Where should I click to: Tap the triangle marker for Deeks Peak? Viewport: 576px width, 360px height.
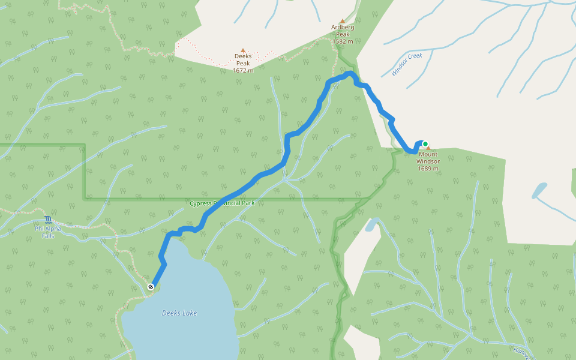243,51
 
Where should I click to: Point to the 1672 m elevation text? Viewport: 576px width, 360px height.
243,70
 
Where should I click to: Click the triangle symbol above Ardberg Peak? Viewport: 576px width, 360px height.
343,20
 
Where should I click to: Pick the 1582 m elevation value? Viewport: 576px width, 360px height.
343,41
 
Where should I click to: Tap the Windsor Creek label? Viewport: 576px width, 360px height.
407,65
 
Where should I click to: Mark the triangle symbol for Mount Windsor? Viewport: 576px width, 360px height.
428,148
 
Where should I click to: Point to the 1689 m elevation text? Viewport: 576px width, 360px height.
428,169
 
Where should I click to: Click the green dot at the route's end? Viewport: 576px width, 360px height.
425,144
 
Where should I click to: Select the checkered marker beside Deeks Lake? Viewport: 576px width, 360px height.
151,287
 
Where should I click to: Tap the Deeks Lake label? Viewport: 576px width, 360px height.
179,313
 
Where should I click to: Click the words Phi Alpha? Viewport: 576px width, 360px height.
48,228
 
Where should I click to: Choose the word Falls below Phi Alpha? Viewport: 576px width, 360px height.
48,236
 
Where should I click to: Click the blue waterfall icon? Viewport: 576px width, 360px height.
48,220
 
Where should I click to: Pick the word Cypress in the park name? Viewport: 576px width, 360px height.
201,203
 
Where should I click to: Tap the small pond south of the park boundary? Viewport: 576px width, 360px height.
371,226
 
